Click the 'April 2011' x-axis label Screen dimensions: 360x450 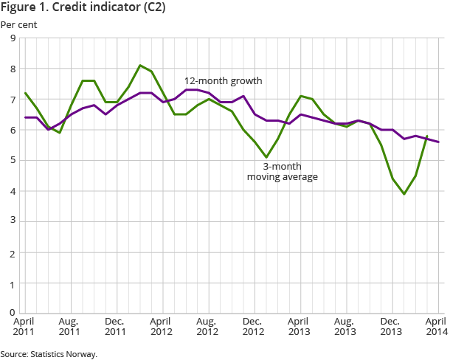(24, 327)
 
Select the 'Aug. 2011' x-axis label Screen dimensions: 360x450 (69, 327)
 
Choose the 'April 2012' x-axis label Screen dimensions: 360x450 (162, 327)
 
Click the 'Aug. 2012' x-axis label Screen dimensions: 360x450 (207, 327)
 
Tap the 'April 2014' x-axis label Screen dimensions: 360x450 (437, 327)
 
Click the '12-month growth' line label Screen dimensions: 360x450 (223, 80)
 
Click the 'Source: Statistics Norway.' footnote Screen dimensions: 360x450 (49, 353)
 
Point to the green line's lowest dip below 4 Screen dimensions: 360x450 (404, 194)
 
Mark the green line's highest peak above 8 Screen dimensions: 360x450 (140, 66)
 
